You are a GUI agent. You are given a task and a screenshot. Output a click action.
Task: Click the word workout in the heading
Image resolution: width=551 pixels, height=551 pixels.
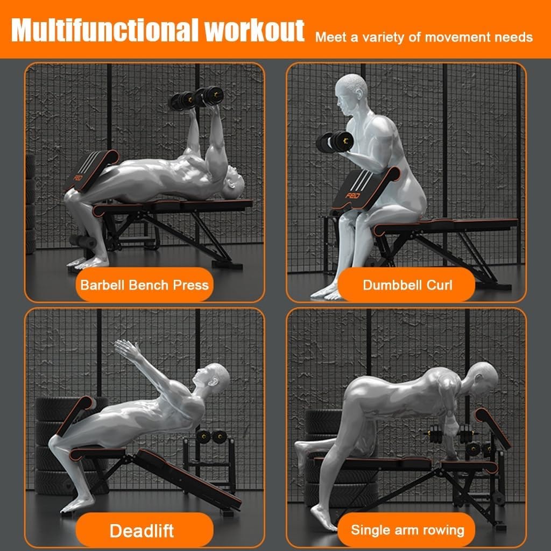pyautogui.click(x=255, y=31)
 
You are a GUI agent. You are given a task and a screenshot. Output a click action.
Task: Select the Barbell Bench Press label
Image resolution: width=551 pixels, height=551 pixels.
pyautogui.click(x=144, y=285)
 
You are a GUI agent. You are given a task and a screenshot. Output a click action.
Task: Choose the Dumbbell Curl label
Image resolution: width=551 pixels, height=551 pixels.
pyautogui.click(x=407, y=285)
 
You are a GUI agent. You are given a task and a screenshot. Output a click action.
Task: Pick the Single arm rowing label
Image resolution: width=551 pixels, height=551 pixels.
pyautogui.click(x=407, y=530)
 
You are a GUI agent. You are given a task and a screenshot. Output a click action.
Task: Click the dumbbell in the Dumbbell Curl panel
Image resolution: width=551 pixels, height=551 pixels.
pyautogui.click(x=334, y=142)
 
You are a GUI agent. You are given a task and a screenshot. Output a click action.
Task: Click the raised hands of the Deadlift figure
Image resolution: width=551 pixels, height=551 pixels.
pyautogui.click(x=127, y=348)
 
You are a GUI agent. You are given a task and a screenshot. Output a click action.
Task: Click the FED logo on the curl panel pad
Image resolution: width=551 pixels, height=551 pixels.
pyautogui.click(x=352, y=195)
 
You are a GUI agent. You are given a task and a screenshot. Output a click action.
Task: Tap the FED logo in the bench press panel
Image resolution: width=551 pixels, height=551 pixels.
pyautogui.click(x=78, y=178)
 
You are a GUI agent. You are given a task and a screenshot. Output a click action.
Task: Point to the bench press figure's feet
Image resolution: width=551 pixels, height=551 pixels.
pyautogui.click(x=88, y=263)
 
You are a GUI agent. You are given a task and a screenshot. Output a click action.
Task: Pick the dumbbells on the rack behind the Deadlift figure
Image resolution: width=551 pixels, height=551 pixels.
pyautogui.click(x=211, y=437)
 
